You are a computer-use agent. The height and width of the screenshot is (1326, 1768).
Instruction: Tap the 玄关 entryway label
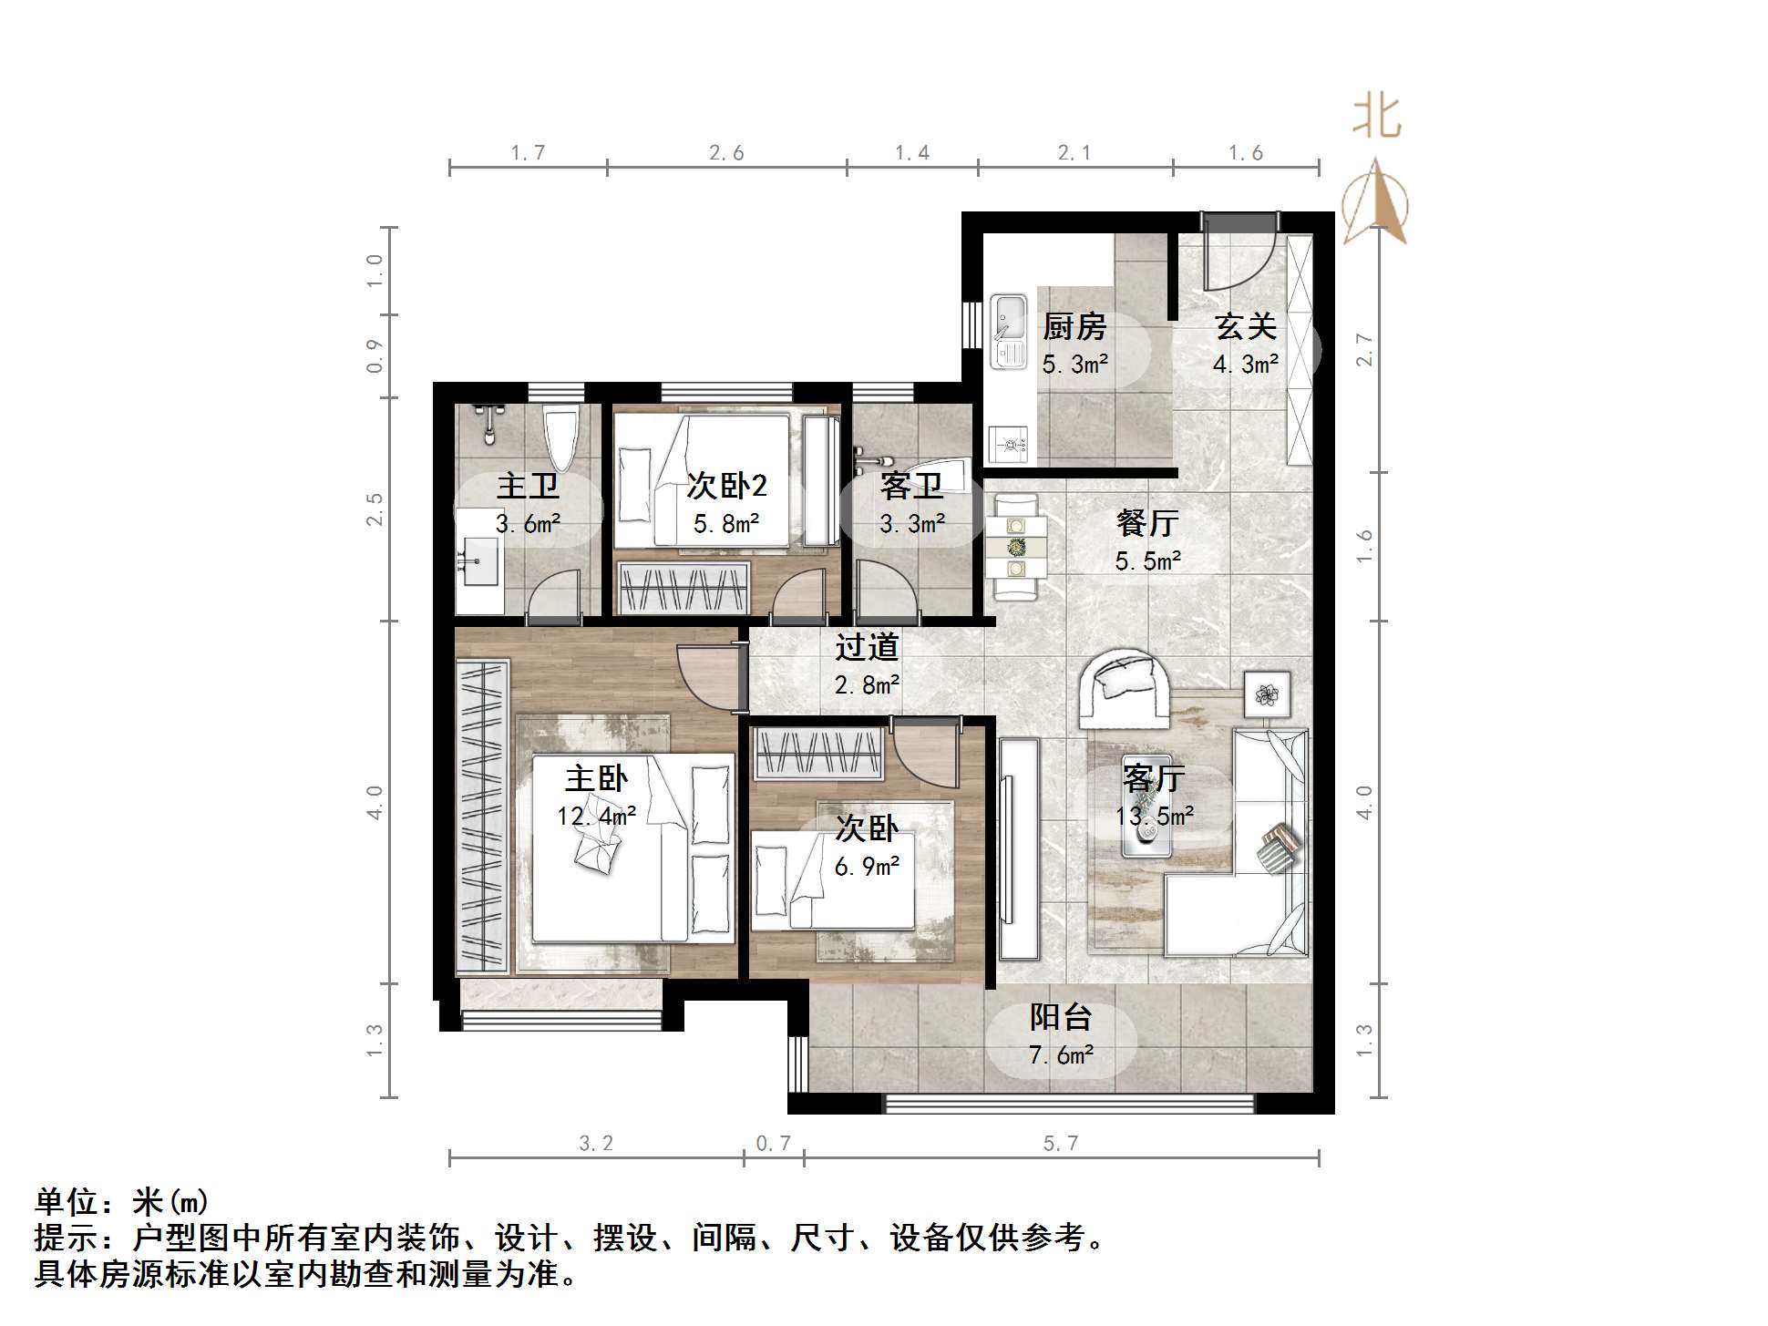coord(1245,326)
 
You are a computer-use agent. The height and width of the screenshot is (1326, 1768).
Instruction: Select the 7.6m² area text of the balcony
coord(1061,1055)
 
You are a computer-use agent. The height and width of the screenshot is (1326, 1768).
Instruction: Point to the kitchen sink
coord(1008,331)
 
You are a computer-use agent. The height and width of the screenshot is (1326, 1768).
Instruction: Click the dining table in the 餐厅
coord(1015,548)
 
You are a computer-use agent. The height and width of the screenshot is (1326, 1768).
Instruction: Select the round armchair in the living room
coord(1124,688)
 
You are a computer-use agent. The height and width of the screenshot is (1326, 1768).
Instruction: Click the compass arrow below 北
coord(1376,202)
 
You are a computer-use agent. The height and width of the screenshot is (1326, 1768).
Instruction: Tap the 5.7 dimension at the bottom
coord(1061,1143)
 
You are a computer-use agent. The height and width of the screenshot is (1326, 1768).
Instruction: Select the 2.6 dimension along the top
coord(726,153)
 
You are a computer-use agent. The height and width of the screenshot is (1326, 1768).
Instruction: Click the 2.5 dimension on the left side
coord(375,509)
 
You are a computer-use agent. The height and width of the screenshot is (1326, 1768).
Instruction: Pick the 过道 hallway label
coord(867,647)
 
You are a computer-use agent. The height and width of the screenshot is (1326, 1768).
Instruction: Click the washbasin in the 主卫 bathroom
coord(479,560)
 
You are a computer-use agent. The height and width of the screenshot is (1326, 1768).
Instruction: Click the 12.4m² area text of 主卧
coord(596,816)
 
